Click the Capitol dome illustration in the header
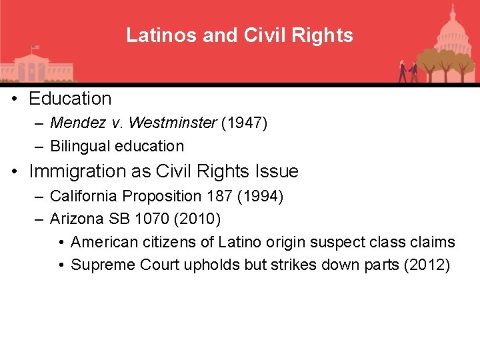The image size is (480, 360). pyautogui.click(x=451, y=27)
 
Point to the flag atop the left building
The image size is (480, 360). pyautogui.click(x=35, y=48)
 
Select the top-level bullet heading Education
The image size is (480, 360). pyautogui.click(x=70, y=99)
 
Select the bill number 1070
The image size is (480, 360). pyautogui.click(x=146, y=219)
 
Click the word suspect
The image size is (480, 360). pyautogui.click(x=347, y=242)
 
